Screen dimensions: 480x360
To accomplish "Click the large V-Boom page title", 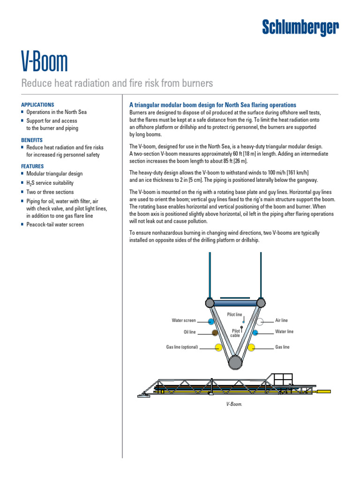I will (45, 62).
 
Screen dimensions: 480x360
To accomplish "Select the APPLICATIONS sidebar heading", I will (37, 105).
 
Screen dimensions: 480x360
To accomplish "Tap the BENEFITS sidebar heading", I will (32, 140).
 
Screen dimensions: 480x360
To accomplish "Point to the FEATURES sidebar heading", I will (32, 166).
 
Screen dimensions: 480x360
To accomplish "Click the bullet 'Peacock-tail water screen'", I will (55, 225).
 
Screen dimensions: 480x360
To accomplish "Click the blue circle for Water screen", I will (211, 321).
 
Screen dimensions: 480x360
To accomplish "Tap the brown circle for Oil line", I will (215, 333).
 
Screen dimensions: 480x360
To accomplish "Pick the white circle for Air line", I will (260, 321).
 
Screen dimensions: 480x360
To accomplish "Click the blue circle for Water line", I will (255, 332).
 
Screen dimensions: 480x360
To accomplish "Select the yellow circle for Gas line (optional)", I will (218, 347).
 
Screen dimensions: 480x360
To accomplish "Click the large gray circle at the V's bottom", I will (235, 361).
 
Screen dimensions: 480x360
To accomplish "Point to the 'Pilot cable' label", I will (236, 333).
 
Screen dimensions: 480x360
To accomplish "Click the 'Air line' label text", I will (281, 321).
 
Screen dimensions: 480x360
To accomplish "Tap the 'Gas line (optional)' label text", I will (182, 347).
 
